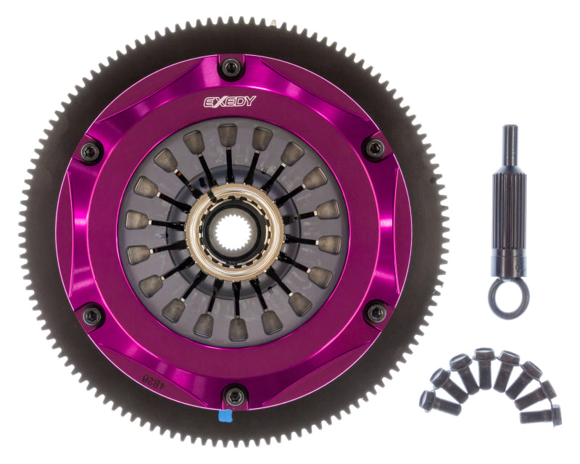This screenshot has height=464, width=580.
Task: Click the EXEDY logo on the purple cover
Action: tap(229, 101)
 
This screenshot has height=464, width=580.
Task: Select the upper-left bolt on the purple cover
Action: tap(90, 152)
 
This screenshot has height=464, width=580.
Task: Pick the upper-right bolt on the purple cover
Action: tap(374, 149)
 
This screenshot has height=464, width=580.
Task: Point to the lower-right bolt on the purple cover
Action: tap(376, 312)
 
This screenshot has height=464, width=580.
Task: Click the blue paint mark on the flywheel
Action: tap(225, 417)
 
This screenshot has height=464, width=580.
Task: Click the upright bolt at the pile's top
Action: tap(484, 367)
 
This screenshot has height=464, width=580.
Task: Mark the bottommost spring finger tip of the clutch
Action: tap(238, 331)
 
